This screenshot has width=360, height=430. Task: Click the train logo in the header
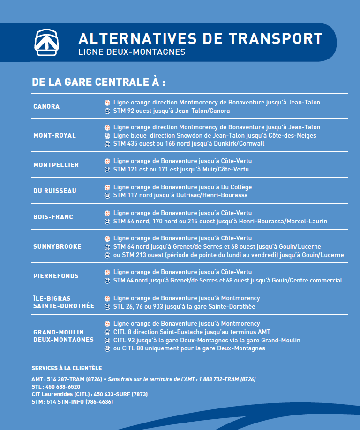pyautogui.click(x=47, y=42)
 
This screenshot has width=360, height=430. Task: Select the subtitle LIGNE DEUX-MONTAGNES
pyautogui.click(x=132, y=52)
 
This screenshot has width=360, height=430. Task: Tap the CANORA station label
pyautogui.click(x=46, y=106)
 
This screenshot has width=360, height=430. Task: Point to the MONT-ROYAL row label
pyautogui.click(x=54, y=135)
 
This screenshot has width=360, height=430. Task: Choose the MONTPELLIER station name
pyautogui.click(x=56, y=165)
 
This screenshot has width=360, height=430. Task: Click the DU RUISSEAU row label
pyautogui.click(x=54, y=191)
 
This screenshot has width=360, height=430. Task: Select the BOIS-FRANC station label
pyautogui.click(x=53, y=217)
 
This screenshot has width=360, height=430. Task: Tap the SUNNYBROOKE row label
pyautogui.click(x=57, y=246)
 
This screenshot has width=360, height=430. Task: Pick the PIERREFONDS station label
pyautogui.click(x=56, y=276)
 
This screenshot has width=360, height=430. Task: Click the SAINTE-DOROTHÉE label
pyautogui.click(x=63, y=306)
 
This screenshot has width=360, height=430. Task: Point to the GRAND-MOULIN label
pyautogui.click(x=59, y=332)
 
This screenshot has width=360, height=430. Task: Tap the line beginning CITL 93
pyautogui.click(x=206, y=340)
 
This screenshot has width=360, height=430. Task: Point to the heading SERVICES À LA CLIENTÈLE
pyautogui.click(x=67, y=368)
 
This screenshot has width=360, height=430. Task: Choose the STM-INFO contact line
pyautogui.click(x=72, y=402)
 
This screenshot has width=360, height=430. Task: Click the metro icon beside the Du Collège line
pyautogui.click(x=107, y=187)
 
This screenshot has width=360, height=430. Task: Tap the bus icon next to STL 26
pyautogui.click(x=107, y=307)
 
